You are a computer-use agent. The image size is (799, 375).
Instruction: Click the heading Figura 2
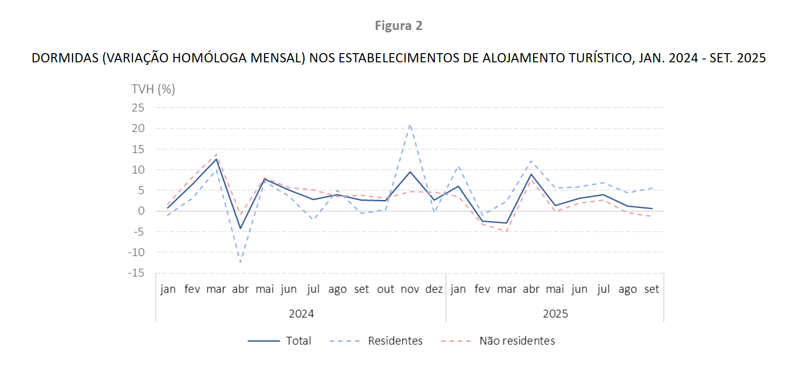pyautogui.click(x=399, y=26)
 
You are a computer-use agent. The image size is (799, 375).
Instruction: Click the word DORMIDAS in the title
pyautogui.click(x=65, y=58)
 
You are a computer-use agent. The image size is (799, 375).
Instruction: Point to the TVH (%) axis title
pyautogui.click(x=153, y=89)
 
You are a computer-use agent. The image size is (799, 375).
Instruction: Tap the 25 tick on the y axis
pyautogui.click(x=138, y=108)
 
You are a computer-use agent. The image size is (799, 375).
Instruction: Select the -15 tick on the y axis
pyautogui.click(x=136, y=273)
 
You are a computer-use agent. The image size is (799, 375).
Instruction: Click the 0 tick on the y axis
pyautogui.click(x=141, y=211)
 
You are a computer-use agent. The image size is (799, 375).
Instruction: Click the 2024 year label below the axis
pyautogui.click(x=301, y=314)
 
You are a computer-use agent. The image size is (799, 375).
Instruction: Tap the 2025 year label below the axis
pyautogui.click(x=555, y=314)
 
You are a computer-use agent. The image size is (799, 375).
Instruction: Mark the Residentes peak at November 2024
pyautogui.click(x=410, y=125)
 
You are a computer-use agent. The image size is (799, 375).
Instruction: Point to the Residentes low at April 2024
pyautogui.click(x=241, y=262)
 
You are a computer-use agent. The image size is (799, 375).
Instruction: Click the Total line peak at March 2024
pyautogui.click(x=216, y=159)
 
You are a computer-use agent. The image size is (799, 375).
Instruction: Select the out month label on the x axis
pyautogui.click(x=385, y=289)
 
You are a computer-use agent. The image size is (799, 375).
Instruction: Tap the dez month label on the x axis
pyautogui.click(x=434, y=289)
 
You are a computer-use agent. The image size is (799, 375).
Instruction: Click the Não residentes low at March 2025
pyautogui.click(x=507, y=231)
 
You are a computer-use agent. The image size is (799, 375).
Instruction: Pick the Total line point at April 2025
pyautogui.click(x=531, y=174)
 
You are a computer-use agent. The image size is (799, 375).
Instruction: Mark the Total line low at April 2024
pyautogui.click(x=241, y=229)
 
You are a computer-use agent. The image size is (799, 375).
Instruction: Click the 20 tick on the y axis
pyautogui.click(x=138, y=129)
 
